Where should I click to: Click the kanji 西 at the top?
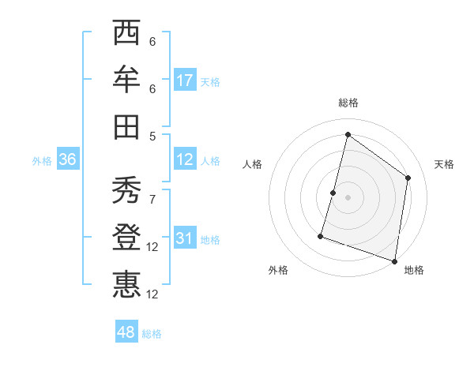point(126,34)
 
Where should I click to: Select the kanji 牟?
point(126,80)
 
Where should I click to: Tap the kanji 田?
point(126,126)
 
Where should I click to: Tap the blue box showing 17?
point(185,80)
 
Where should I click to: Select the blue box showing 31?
point(185,238)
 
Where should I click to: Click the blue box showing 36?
point(68,159)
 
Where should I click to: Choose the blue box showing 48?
point(126,332)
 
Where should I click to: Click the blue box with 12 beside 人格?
point(185,159)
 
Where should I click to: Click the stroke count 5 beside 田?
point(152,135)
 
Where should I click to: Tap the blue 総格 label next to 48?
point(152,334)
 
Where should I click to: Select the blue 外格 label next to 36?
point(42,161)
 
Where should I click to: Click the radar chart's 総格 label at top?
point(348,103)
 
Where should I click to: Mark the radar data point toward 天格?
point(408,178)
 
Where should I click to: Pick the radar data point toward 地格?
point(393,260)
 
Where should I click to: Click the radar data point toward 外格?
point(321,235)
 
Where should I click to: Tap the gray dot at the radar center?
point(348,197)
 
